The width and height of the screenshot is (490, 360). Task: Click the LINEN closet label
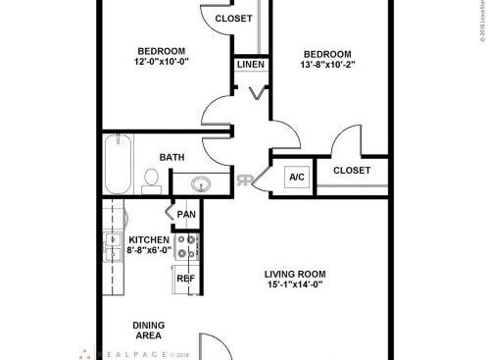coord(249,66)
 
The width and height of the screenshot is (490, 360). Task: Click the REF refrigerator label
coord(184,279)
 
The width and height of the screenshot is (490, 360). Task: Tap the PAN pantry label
coord(185,214)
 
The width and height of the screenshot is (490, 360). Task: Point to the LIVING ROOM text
coord(294,274)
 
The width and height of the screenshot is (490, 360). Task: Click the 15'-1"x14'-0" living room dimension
coord(294,285)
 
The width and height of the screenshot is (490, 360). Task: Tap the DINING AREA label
coord(148,331)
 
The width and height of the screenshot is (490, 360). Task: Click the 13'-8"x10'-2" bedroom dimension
coord(326,65)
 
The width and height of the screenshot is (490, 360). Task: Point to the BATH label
coord(172,157)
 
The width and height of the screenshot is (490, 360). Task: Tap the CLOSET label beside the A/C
coord(352,171)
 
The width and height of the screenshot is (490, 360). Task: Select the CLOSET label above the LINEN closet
coord(233,19)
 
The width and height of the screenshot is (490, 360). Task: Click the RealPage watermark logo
coord(137,353)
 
